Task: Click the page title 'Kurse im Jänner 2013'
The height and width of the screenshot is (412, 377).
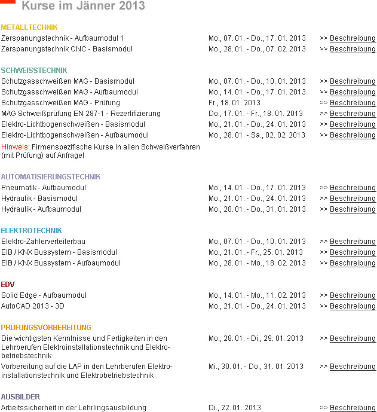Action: [83, 7]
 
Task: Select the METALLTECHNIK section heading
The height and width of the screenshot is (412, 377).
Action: [29, 28]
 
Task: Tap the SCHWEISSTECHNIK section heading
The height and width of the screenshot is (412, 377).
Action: [34, 71]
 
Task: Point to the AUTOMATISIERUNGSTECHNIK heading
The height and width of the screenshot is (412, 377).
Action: [51, 177]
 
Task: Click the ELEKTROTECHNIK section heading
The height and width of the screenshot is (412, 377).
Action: [31, 231]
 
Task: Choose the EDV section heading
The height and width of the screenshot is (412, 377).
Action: [8, 285]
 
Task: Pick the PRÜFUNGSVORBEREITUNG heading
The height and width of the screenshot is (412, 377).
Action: [46, 328]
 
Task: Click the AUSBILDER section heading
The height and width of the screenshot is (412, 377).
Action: [20, 397]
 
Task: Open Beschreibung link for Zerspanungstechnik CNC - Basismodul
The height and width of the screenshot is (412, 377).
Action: [353, 49]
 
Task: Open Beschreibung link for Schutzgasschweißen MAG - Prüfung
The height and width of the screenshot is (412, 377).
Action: [353, 103]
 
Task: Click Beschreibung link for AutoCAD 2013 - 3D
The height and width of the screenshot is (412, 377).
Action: [353, 306]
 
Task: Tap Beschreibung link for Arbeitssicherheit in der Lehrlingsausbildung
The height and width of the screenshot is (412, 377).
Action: [353, 408]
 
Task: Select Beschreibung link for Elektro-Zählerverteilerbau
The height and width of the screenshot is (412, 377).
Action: [353, 242]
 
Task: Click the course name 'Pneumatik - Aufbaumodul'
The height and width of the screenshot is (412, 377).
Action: [44, 188]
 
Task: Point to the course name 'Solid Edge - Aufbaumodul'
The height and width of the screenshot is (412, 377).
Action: [44, 295]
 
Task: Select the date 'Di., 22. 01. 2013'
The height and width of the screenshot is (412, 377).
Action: [234, 408]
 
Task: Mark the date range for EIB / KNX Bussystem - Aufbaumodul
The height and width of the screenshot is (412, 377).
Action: [257, 263]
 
